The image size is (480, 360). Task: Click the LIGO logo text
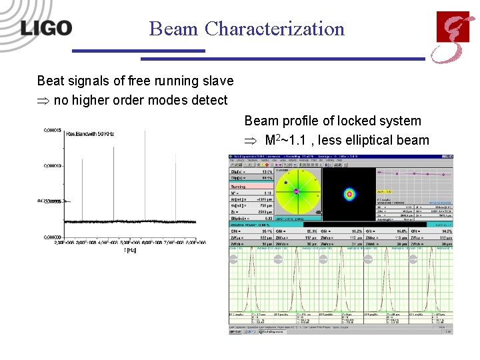click(45, 28)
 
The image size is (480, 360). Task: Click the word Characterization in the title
click(275, 29)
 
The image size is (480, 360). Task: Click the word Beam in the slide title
click(174, 29)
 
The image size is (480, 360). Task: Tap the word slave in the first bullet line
click(217, 81)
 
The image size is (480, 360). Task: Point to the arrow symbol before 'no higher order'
click(43, 101)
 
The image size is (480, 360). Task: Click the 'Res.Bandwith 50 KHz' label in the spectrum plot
click(90, 134)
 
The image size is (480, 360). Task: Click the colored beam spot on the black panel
click(348, 195)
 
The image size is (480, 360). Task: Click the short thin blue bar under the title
click(138, 51)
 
